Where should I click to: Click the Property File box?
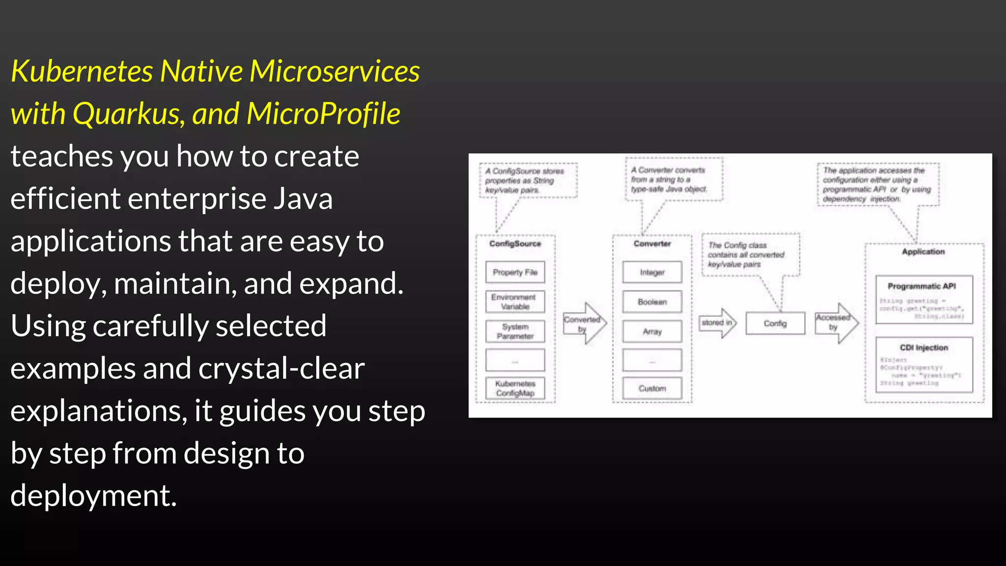pos(515,272)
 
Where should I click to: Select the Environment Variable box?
pos(515,302)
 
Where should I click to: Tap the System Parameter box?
pos(515,331)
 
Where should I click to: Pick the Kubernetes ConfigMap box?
pos(515,388)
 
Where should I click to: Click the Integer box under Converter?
pos(652,272)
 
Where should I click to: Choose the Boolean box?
pos(652,302)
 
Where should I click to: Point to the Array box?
pos(652,332)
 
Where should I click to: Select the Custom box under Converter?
pos(652,388)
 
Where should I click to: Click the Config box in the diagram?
pos(775,323)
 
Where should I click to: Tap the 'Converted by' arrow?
pos(584,323)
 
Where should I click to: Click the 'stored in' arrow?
pos(718,323)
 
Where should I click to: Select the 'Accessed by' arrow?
pos(836,323)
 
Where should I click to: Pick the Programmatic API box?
pos(923,299)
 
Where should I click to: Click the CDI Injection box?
pos(923,364)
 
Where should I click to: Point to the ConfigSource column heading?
pos(515,244)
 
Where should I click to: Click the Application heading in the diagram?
pos(923,252)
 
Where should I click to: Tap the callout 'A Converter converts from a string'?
pos(673,179)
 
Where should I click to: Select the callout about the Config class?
pos(750,255)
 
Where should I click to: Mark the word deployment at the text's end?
pos(93,495)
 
